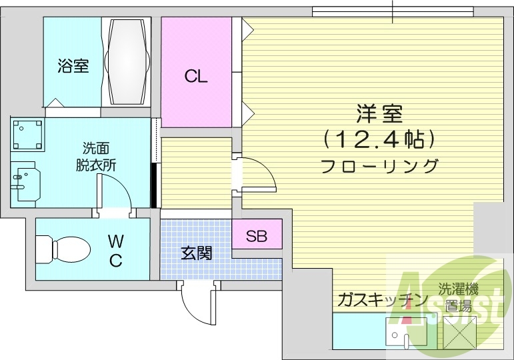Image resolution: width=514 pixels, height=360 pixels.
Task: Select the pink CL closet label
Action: point(196,76)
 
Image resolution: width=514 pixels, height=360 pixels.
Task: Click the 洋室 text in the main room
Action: point(379,114)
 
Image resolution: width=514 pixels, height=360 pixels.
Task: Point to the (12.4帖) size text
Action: point(379,139)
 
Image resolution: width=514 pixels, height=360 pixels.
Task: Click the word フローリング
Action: point(379,166)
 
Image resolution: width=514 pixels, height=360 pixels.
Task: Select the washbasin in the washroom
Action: point(27,182)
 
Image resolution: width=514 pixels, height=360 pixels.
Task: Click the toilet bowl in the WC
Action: point(63,251)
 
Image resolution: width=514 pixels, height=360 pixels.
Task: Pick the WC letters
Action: point(116,251)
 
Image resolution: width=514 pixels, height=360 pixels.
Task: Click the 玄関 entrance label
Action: point(196,253)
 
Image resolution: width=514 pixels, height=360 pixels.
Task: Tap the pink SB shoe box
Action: point(257,235)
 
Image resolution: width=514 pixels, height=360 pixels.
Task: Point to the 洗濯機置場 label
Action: point(458,297)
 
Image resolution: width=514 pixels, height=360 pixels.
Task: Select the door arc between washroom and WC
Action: point(117,195)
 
